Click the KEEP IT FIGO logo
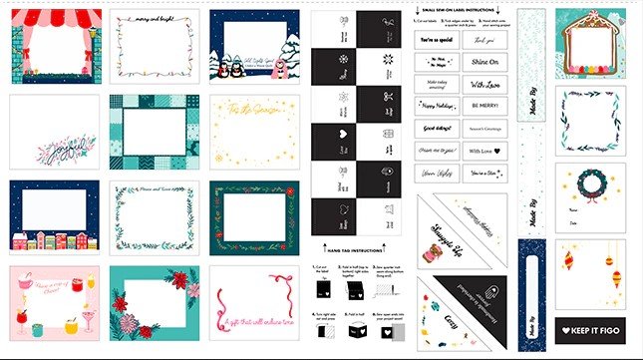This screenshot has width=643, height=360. pyautogui.click(x=591, y=330)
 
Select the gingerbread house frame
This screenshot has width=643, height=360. pyautogui.click(x=590, y=45)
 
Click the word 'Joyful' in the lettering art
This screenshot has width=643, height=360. pyautogui.click(x=56, y=152)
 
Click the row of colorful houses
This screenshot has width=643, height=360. pyautogui.click(x=55, y=240)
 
